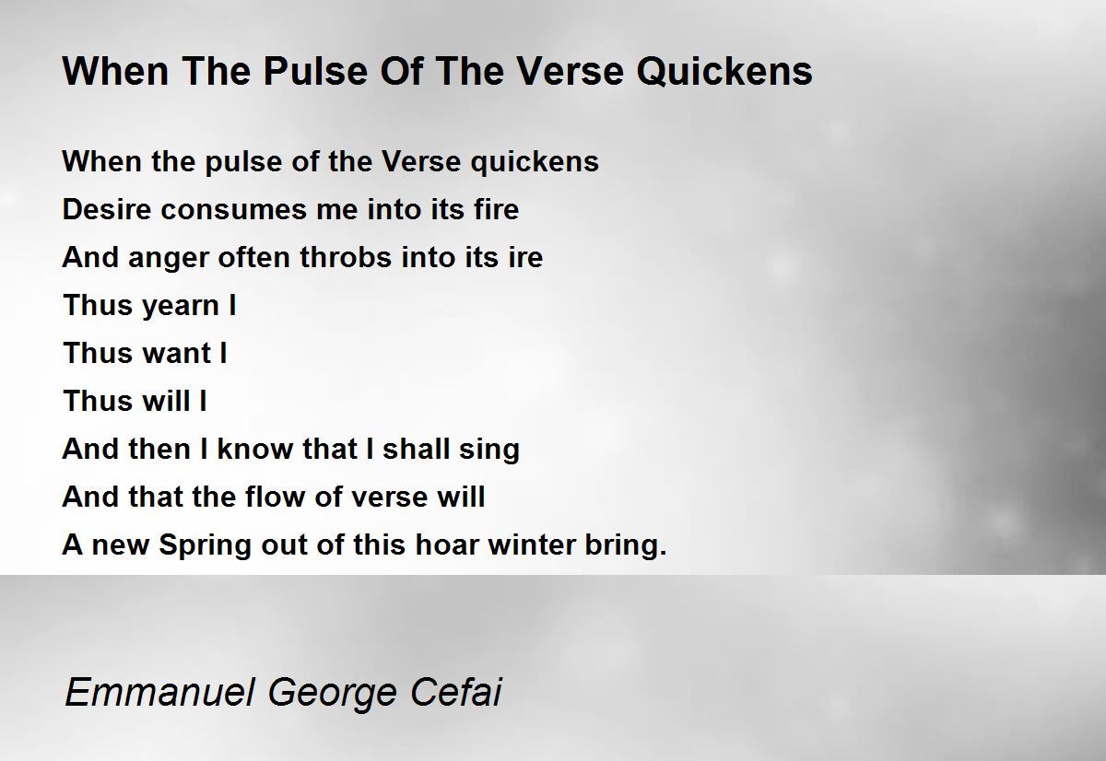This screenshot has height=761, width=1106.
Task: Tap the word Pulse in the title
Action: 315,72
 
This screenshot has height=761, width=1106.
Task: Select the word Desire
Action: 107,209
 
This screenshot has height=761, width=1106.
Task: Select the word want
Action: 177,355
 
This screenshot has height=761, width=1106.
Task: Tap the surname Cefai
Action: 455,691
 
